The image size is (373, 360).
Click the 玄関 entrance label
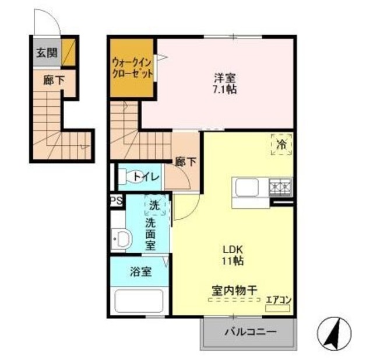tap(47, 53)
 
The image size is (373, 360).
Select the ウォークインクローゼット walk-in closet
tap(132, 69)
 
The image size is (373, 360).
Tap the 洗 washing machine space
tap(154, 205)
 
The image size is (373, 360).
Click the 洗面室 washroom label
tap(150, 233)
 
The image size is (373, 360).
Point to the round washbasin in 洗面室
tap(121, 238)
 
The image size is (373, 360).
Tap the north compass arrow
tap(334, 334)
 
